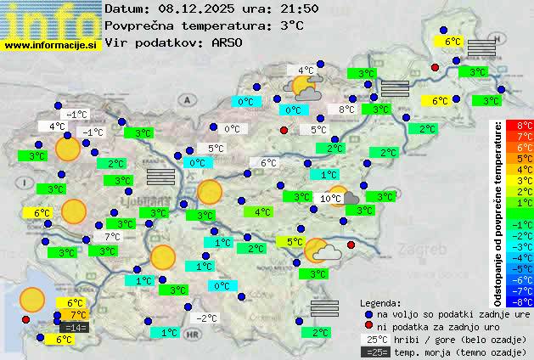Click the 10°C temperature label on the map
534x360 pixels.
331,198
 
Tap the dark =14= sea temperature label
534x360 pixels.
74,327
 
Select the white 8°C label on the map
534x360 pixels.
347,110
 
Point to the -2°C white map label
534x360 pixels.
207,318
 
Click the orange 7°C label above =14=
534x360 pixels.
74,315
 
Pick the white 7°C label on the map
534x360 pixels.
112,237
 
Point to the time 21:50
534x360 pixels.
299,9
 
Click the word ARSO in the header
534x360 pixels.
229,42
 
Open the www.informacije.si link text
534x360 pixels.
50,45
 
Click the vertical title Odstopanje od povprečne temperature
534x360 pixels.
498,212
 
